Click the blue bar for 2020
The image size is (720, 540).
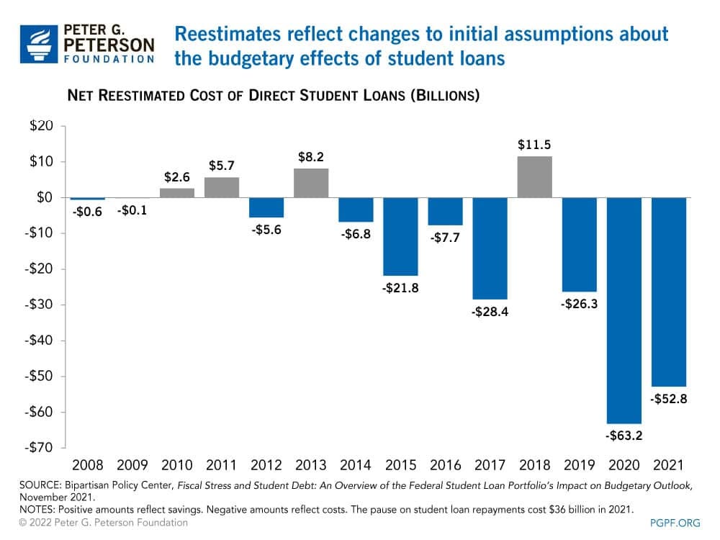(624, 310)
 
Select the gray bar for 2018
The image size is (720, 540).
(534, 177)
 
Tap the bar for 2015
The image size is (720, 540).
(400, 236)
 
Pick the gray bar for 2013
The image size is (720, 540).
(311, 183)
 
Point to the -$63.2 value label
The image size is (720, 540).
(624, 435)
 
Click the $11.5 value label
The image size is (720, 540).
(534, 145)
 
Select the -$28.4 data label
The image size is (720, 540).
(490, 313)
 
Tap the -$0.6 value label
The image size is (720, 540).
(87, 212)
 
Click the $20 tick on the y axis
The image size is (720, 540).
(41, 127)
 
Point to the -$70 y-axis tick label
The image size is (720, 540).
(39, 448)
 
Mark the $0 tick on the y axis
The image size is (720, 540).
(45, 198)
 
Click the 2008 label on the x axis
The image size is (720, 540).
(87, 465)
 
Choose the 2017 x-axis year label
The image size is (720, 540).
(490, 465)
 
